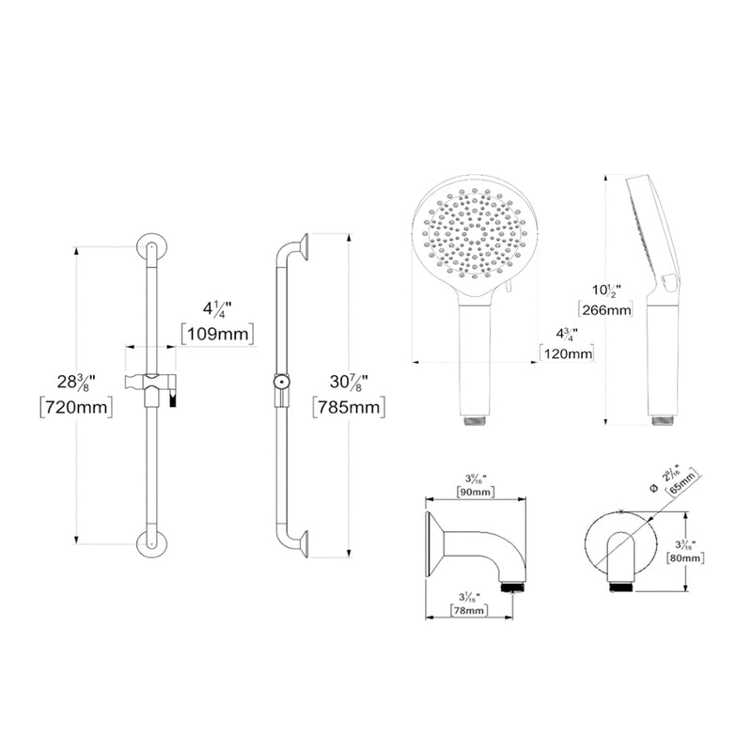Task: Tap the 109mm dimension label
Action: (217, 334)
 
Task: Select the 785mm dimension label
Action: (351, 407)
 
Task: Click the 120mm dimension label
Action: (567, 353)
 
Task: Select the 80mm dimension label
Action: (684, 557)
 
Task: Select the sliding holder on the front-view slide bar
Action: (150, 384)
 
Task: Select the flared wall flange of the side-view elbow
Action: (434, 546)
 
